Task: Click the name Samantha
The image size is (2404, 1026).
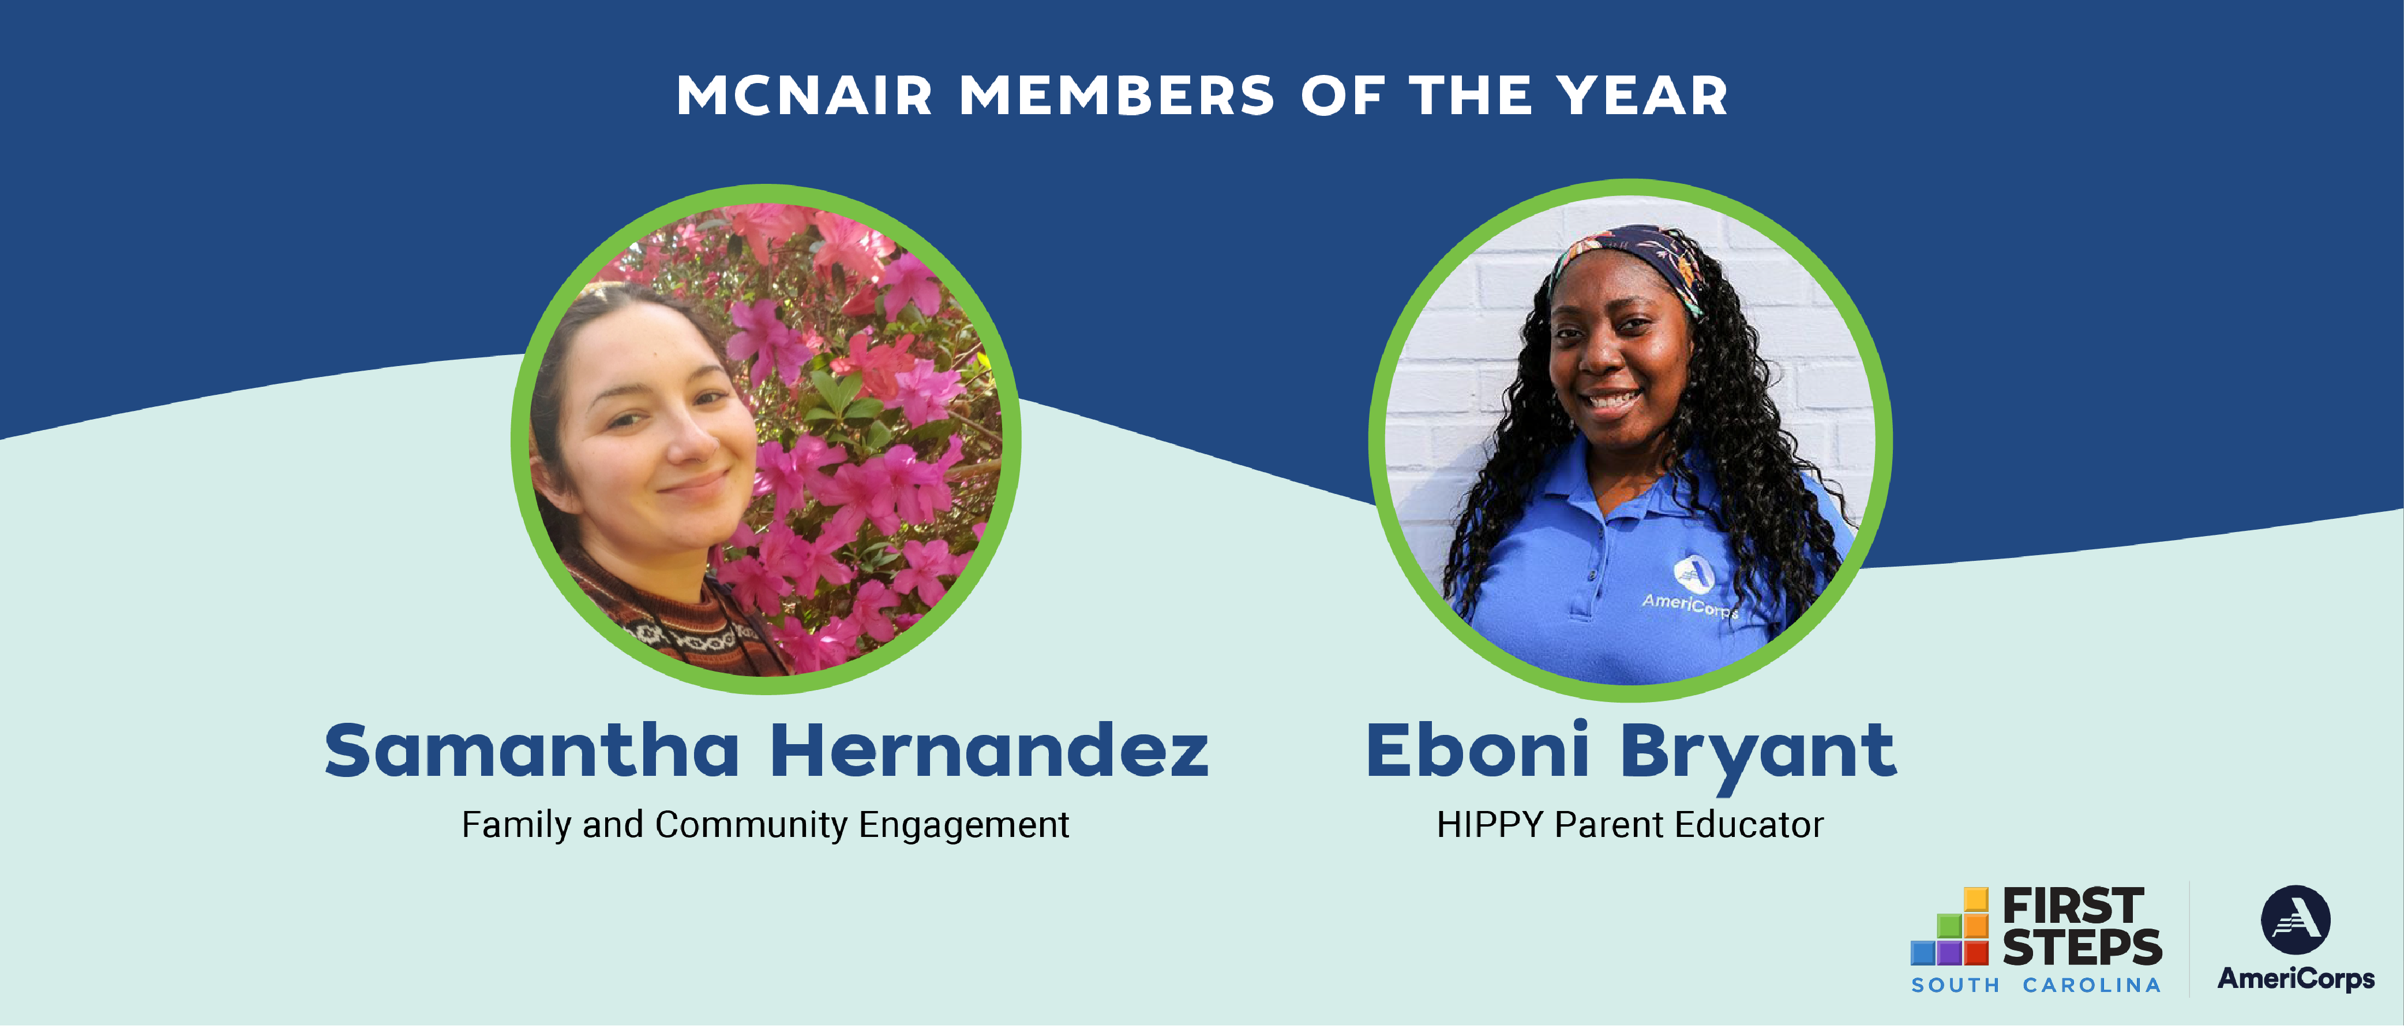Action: (532, 751)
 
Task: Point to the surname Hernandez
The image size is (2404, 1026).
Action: (990, 751)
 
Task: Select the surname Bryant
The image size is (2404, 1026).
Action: (1758, 757)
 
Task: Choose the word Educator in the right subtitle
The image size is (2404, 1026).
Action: (1749, 824)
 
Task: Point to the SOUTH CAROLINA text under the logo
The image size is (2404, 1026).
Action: (2035, 986)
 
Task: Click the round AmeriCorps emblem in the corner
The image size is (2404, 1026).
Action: (2295, 920)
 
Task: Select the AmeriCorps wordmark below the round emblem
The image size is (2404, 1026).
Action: (2296, 978)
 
